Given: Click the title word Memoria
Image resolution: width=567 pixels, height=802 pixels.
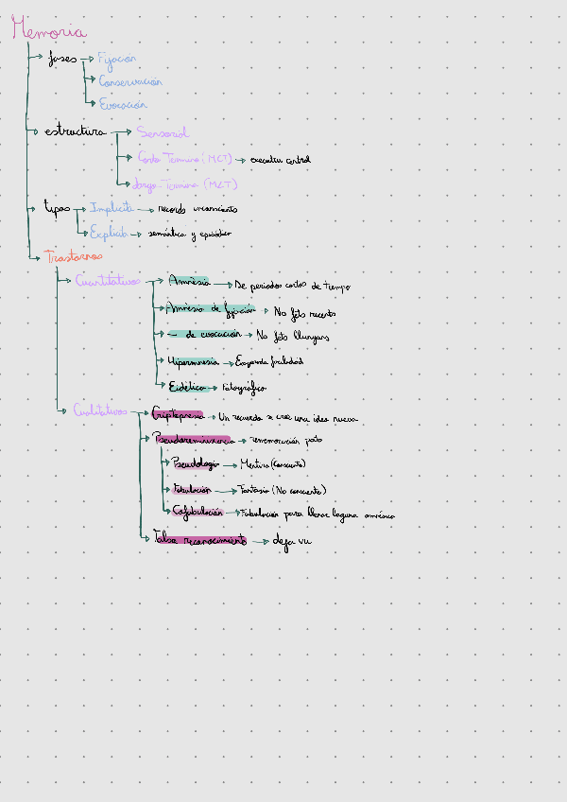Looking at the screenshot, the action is point(49,30).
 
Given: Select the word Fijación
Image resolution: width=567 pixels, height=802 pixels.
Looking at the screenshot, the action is point(117,59).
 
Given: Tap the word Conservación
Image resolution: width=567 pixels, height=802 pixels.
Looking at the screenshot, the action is point(130,82).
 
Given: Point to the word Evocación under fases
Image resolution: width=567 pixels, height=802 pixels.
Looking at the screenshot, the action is point(123,105).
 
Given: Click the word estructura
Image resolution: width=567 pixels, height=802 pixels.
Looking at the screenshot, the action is point(75,131).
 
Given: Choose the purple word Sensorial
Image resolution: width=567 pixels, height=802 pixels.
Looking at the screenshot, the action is point(163,133).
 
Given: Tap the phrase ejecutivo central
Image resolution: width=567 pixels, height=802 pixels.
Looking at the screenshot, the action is point(280,160).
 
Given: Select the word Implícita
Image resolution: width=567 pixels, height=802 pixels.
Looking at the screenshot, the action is point(112,208).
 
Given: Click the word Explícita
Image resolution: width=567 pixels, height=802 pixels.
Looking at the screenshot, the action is point(110,232).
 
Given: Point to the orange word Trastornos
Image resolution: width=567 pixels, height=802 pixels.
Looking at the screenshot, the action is point(74,256).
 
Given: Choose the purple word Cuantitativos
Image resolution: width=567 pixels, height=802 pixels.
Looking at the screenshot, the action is point(108,281).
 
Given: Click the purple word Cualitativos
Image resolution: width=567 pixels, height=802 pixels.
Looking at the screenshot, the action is point(100,410).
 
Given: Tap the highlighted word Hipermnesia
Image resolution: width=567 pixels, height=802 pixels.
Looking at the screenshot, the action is point(193,361).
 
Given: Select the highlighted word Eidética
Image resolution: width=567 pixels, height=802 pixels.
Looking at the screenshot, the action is point(187,386).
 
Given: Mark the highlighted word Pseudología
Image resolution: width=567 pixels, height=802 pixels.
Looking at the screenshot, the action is point(196,464).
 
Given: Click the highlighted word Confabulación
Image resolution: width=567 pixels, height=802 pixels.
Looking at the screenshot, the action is point(198,512).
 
